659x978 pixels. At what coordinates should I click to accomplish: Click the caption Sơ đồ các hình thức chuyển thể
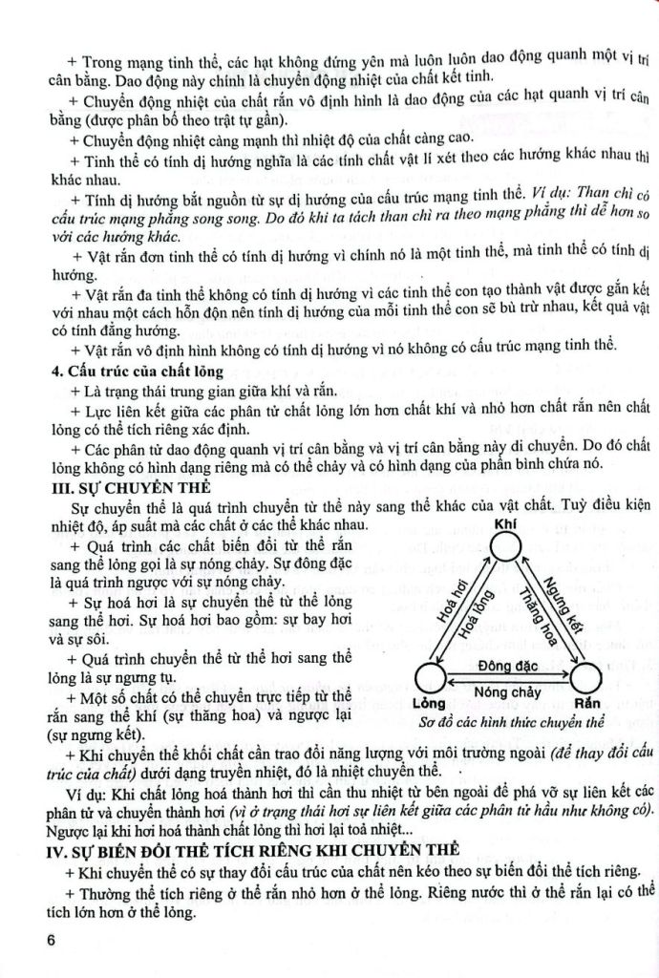coord(507,723)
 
